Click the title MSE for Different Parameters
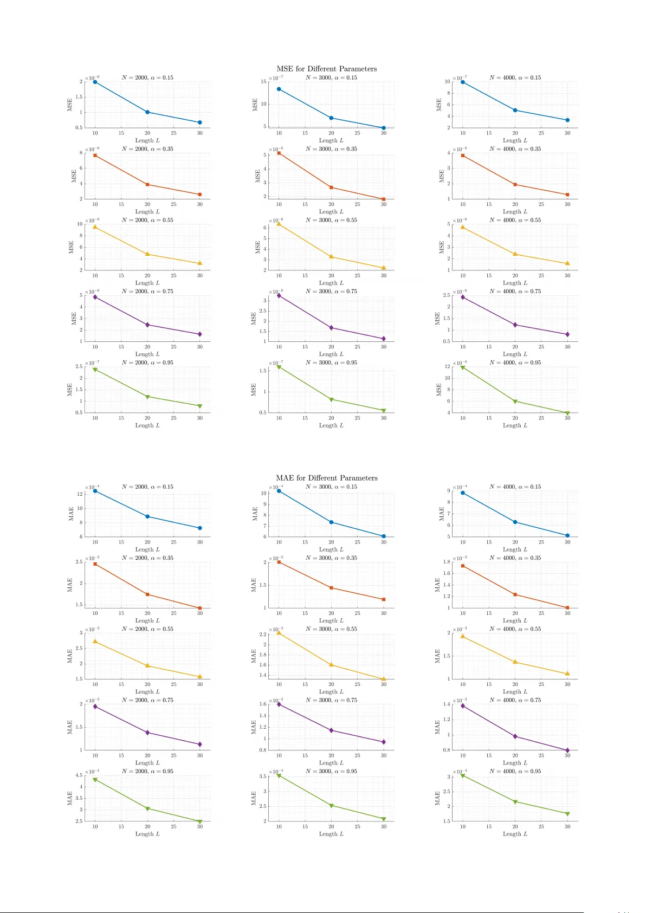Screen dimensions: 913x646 (326, 69)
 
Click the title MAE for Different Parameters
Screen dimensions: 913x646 (326, 478)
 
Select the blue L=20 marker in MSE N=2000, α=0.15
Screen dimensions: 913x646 (147, 112)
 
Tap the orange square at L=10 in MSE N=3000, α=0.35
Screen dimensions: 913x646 (279, 153)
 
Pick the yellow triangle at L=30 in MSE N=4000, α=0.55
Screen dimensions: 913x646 (567, 263)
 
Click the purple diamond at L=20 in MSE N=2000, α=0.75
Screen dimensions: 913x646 (147, 325)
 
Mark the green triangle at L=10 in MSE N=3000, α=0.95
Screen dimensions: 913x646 (279, 367)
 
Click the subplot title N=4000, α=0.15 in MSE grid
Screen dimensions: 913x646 (515, 77)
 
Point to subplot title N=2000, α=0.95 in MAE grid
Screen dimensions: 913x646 (147, 771)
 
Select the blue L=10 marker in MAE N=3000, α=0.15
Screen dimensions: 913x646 (279, 491)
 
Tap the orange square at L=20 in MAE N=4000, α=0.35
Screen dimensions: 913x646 (515, 594)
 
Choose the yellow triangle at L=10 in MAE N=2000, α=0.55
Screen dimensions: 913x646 (95, 641)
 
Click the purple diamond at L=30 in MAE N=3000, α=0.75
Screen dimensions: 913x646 (384, 742)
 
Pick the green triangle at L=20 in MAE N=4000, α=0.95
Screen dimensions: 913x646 (515, 801)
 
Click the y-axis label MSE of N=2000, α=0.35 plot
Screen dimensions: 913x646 (74, 176)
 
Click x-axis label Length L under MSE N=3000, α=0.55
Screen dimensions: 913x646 (331, 283)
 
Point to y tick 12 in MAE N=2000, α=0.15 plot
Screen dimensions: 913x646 (80, 494)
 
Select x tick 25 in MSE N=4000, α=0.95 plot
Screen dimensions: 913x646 (541, 418)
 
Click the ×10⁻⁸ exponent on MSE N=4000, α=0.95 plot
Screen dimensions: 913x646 (460, 363)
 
